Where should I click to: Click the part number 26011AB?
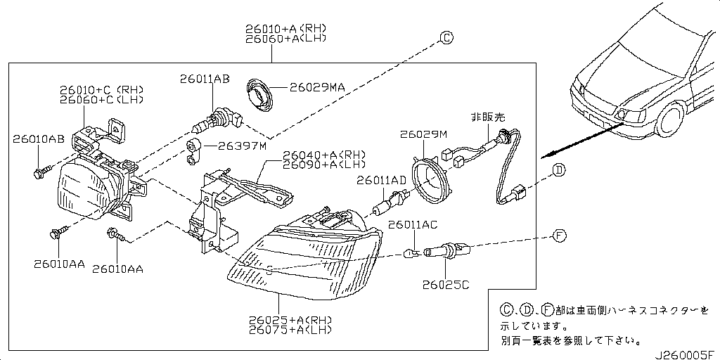click(x=204, y=79)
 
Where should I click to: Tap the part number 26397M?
click(x=242, y=146)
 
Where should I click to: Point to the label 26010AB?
click(x=38, y=139)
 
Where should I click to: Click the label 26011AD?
click(x=381, y=181)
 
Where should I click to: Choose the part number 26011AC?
click(x=413, y=224)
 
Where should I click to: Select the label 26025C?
click(x=446, y=285)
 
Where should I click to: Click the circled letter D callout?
click(x=559, y=169)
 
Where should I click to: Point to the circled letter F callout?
click(x=559, y=236)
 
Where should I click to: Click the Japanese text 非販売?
click(x=487, y=117)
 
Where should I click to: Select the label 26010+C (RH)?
click(x=101, y=90)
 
